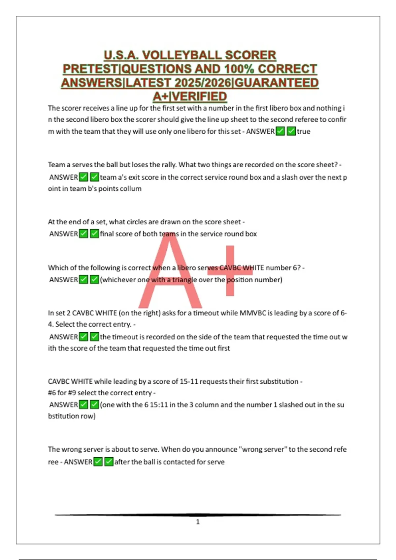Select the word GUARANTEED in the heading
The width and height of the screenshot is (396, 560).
[x=276, y=82]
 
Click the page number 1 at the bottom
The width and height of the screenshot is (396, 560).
[x=198, y=522]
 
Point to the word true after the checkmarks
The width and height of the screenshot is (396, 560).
[x=304, y=131]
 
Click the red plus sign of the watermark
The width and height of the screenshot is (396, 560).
[x=230, y=271]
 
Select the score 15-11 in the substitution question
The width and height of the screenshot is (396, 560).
[x=189, y=381]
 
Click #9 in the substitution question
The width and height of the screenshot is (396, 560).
[x=72, y=393]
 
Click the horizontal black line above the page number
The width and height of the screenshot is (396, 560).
[x=198, y=515]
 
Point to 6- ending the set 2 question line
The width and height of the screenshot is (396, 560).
[x=343, y=313]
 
